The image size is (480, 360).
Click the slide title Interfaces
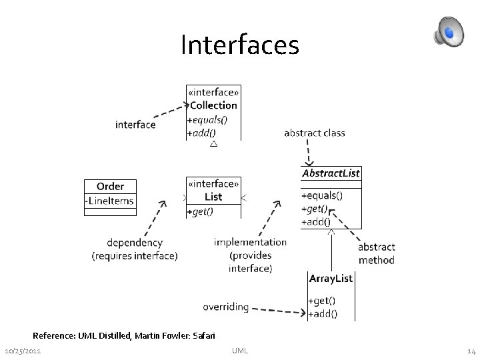(x=240, y=45)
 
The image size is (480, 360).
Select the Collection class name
(x=213, y=105)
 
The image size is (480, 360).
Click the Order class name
(x=110, y=186)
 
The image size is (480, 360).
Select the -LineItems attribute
(x=109, y=201)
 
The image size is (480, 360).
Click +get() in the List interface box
(x=201, y=211)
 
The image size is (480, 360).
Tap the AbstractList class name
(x=331, y=173)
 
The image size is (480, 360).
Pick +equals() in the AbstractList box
(x=322, y=196)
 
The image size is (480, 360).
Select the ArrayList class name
(x=331, y=278)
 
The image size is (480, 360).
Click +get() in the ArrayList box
(x=322, y=301)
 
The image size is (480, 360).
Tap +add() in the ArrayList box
(x=323, y=313)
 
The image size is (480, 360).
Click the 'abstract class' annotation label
(x=315, y=133)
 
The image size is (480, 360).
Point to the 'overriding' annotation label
(x=226, y=307)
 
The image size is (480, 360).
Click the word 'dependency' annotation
(x=135, y=243)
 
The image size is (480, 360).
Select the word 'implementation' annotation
(x=250, y=242)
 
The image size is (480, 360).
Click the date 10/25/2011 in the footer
(x=23, y=351)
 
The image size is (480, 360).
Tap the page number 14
(x=471, y=351)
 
